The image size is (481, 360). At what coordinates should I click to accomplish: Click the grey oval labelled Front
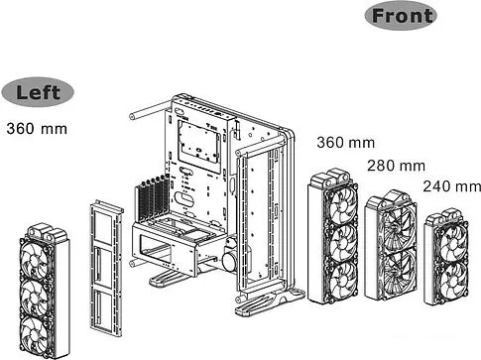(402, 16)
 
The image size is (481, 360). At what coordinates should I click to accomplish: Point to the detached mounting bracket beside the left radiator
(106, 263)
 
